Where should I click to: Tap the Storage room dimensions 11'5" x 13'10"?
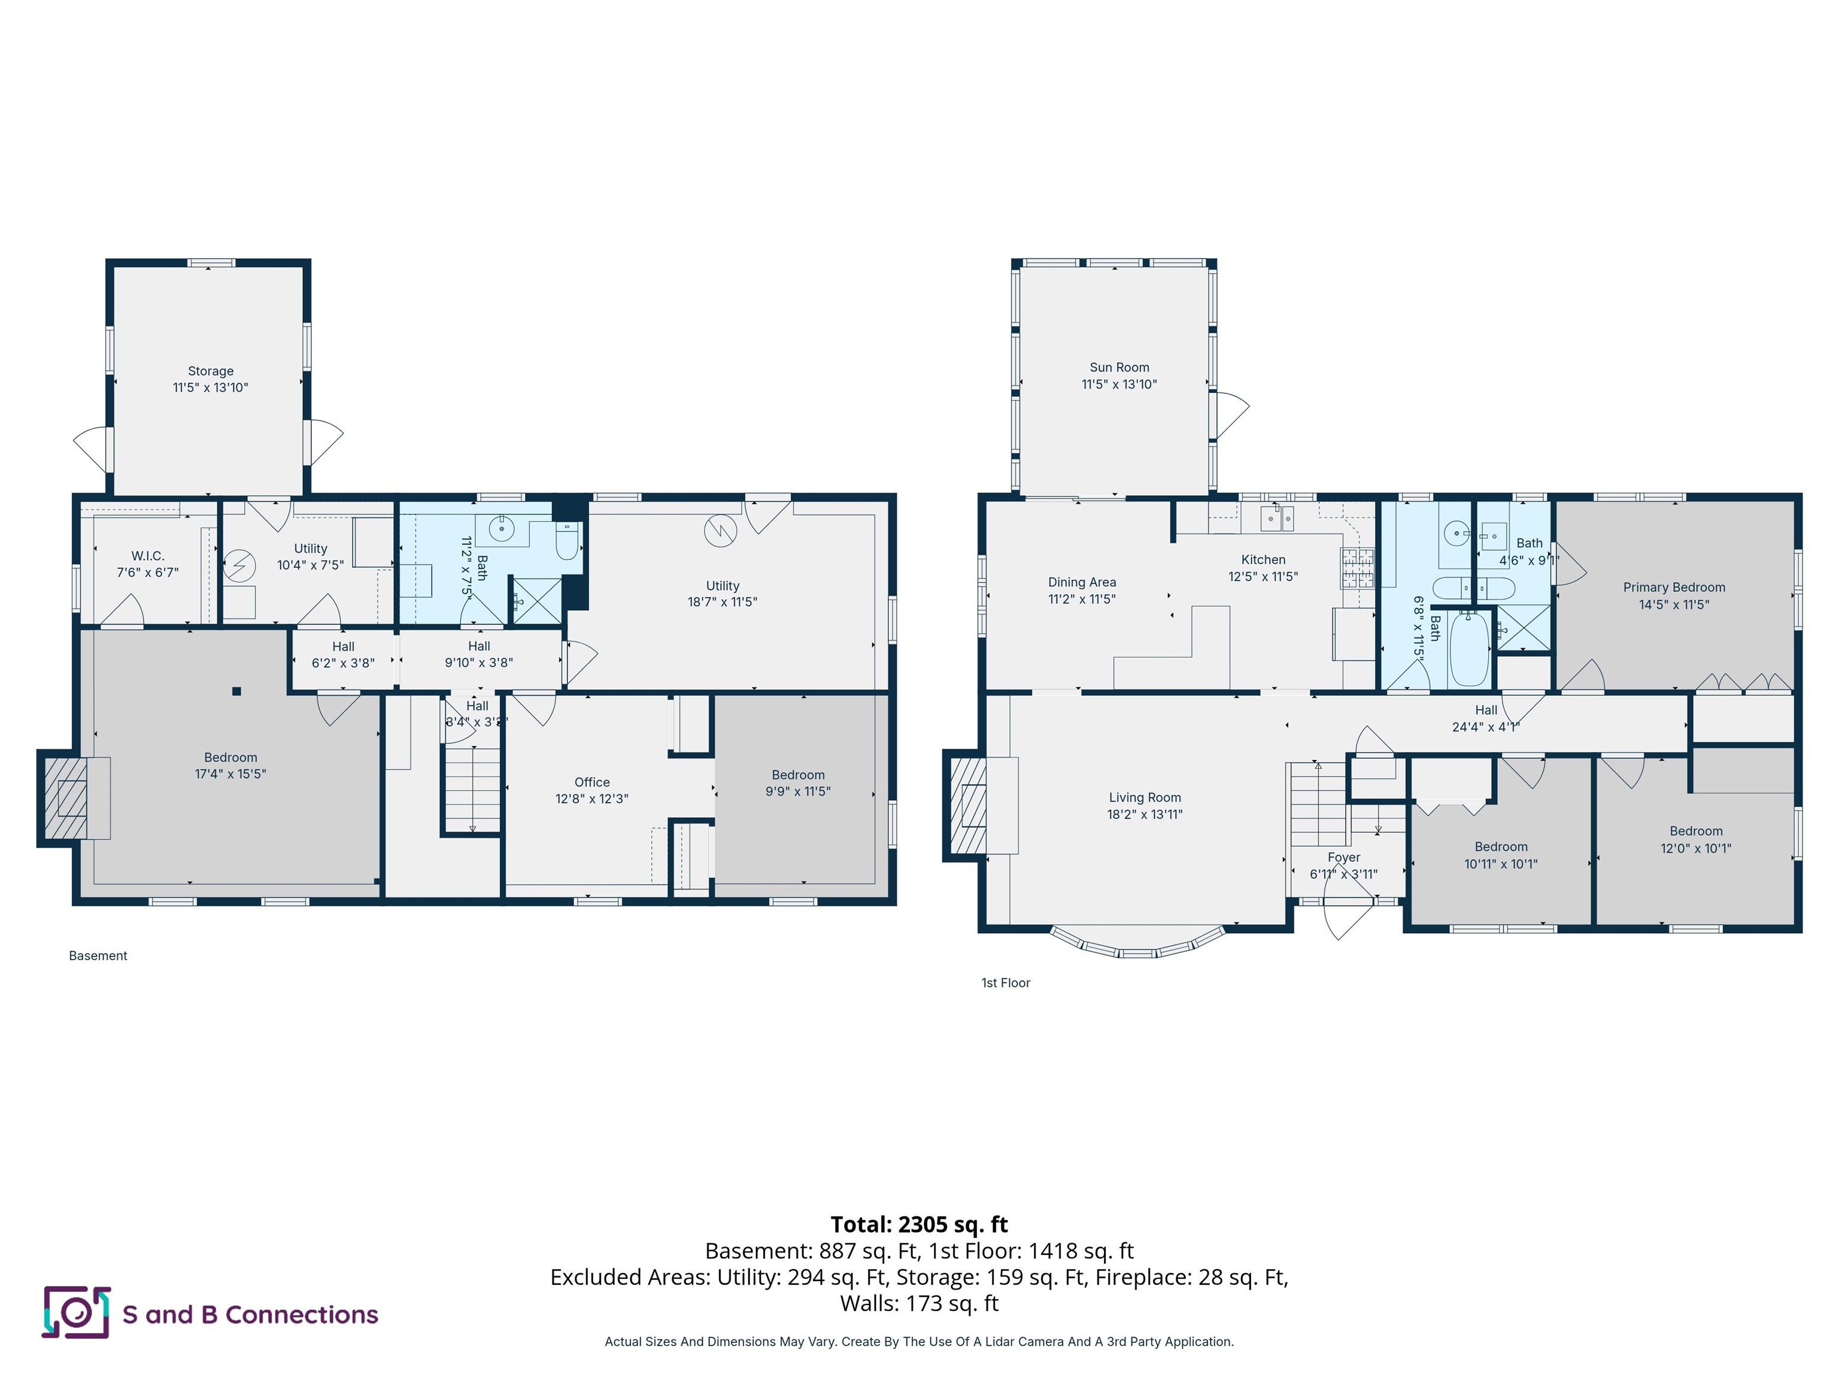[210, 388]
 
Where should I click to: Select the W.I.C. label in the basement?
[148, 556]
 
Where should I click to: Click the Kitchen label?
[1263, 560]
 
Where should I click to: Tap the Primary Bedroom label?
[1674, 587]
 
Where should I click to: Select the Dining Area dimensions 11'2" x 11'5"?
[1082, 599]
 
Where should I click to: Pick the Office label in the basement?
[592, 782]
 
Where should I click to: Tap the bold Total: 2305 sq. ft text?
[919, 1224]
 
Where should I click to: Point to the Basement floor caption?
[98, 956]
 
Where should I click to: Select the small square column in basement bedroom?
[237, 691]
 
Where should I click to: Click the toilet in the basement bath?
[568, 541]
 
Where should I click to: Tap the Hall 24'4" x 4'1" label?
[1486, 719]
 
